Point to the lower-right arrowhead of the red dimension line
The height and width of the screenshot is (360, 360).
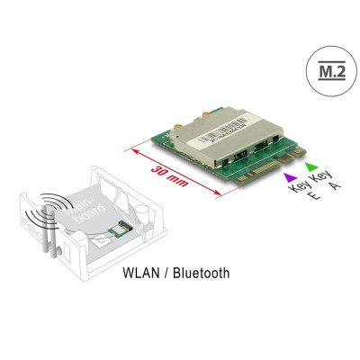click(225, 193)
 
